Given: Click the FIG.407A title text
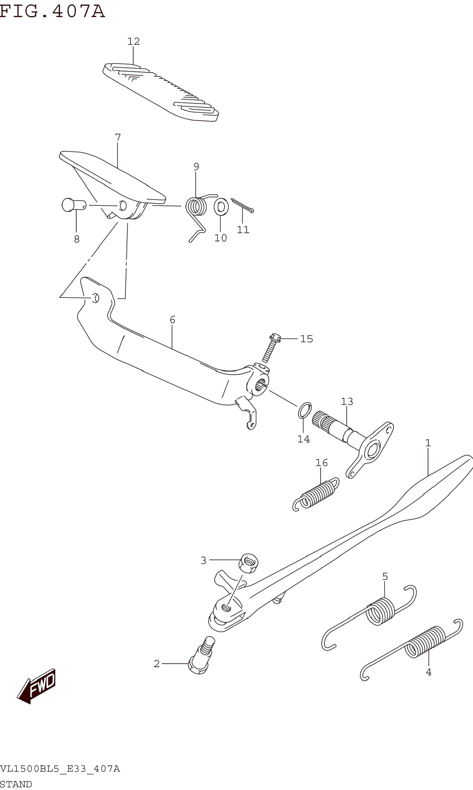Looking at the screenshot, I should click(x=52, y=12).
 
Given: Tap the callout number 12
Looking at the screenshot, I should click(x=134, y=41).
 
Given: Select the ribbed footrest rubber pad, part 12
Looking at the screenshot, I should click(x=161, y=92).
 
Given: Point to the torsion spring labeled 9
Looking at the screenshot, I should click(x=197, y=207).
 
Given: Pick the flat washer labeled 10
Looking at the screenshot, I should click(x=221, y=207).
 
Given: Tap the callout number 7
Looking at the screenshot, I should click(x=118, y=138).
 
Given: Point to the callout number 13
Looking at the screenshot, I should click(x=347, y=401).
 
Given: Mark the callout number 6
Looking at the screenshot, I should click(x=172, y=320).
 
